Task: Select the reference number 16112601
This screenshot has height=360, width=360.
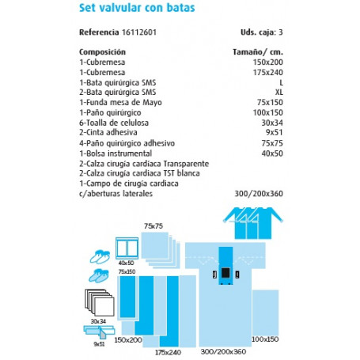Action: (145, 33)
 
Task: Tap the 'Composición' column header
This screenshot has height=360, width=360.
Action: (105, 51)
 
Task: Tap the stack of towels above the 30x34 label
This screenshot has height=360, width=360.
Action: (97, 302)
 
